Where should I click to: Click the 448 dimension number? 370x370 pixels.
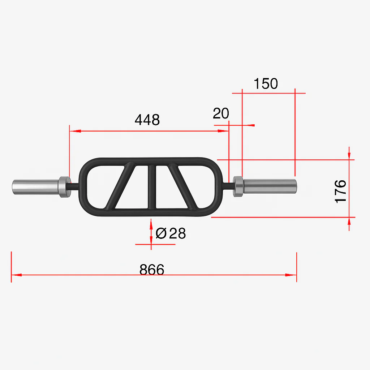[147, 120]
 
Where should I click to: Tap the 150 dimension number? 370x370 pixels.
[266, 83]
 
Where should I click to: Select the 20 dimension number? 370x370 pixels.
[221, 113]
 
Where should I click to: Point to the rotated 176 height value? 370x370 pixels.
[340, 192]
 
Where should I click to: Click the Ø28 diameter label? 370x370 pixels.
[171, 233]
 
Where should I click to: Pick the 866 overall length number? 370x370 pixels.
[152, 270]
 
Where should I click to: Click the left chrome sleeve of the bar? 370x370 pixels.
[35, 187]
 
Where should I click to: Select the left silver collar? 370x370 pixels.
[65, 187]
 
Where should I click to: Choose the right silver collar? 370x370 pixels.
[238, 186]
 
